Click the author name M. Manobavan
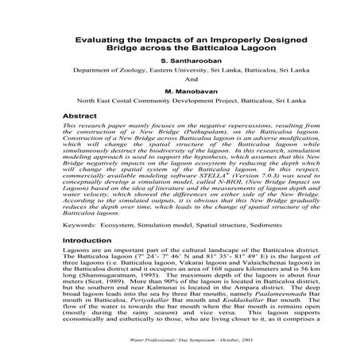coord(180,91)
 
